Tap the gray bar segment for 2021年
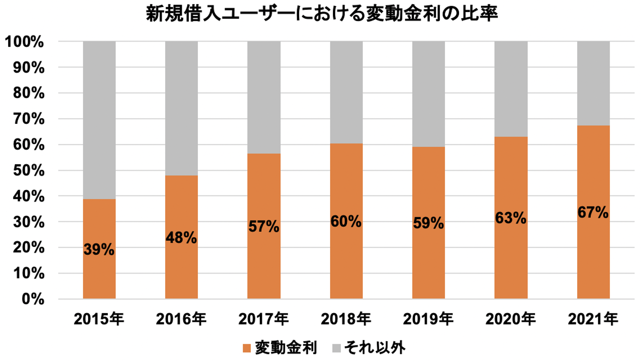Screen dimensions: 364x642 [593, 83]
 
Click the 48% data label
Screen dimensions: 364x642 [181, 238]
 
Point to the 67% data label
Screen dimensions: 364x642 [593, 213]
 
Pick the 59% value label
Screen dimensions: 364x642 [428, 223]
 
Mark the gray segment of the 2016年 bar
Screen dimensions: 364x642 [181, 107]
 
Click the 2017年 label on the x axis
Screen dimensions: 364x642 [264, 319]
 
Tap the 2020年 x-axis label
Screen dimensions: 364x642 [511, 319]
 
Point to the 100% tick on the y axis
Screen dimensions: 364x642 [24, 42]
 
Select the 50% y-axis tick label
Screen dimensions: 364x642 [29, 170]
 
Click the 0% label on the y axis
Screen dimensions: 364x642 [33, 299]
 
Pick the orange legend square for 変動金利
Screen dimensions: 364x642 [247, 348]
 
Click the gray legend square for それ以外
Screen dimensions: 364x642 [336, 348]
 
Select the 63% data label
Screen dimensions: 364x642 [511, 218]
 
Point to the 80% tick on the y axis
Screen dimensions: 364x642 [29, 93]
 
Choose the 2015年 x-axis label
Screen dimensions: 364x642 [99, 319]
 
